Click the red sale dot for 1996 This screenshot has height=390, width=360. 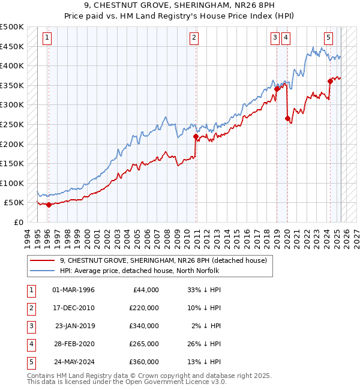point(49,205)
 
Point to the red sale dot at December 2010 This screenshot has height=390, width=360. point(196,136)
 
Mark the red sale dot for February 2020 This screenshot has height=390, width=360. point(287,118)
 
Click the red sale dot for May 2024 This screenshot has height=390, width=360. point(330,81)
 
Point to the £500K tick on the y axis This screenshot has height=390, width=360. point(13,27)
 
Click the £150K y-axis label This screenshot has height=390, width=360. point(13,163)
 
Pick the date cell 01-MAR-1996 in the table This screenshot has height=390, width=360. point(73,290)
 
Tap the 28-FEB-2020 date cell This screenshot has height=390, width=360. point(73,344)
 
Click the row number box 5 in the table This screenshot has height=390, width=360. point(30,362)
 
